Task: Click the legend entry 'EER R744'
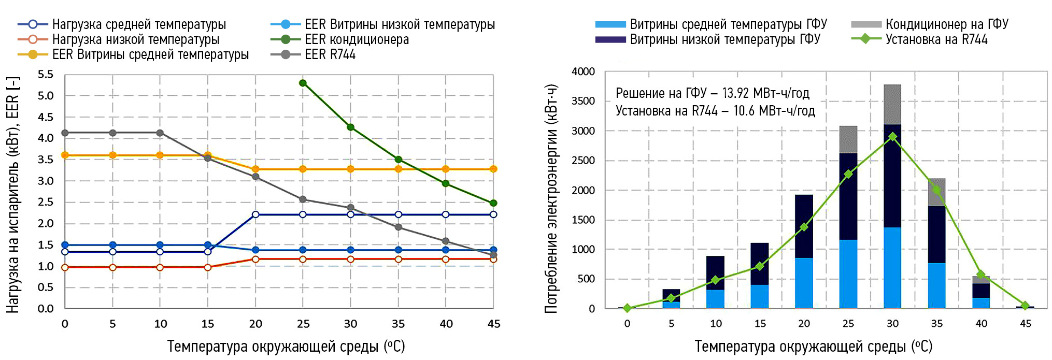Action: tap(330, 54)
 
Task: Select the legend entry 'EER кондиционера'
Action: tap(357, 39)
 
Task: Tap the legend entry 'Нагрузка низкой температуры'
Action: tap(135, 39)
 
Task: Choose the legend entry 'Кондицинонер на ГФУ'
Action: tap(946, 24)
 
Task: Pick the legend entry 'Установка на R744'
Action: tap(936, 39)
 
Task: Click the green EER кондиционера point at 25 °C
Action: tap(303, 83)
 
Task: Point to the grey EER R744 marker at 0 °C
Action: tap(65, 133)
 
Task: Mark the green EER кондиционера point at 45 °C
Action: tap(493, 203)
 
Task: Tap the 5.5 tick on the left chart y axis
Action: tap(46, 75)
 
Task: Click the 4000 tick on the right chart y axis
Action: tap(583, 71)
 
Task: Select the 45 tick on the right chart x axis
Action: tap(1025, 324)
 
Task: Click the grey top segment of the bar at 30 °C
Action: tap(892, 104)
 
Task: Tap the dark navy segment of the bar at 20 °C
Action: tap(804, 226)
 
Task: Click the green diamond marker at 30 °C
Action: tap(892, 137)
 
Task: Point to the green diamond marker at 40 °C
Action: tap(980, 274)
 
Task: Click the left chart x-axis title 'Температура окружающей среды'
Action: tap(286, 346)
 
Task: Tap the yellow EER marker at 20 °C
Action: tap(255, 169)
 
